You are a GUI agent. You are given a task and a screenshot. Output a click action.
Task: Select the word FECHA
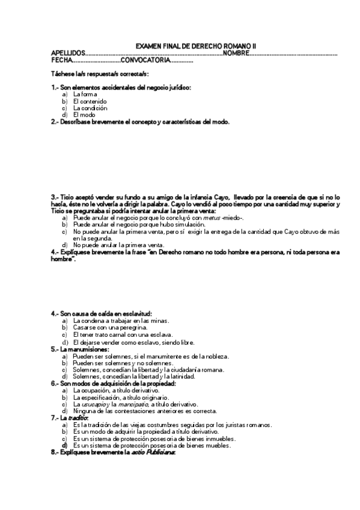coord(62,60)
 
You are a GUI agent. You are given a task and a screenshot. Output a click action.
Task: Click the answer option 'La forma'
coord(85,94)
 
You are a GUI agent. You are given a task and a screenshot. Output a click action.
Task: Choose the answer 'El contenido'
coord(90,101)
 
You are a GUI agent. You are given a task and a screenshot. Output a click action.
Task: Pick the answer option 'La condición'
coord(90,108)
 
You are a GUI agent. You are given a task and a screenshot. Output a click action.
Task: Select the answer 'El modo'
coord(84,114)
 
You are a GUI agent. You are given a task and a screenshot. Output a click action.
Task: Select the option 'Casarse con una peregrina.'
coord(106,328)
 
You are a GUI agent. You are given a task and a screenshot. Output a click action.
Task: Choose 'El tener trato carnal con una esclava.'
coord(123,334)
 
